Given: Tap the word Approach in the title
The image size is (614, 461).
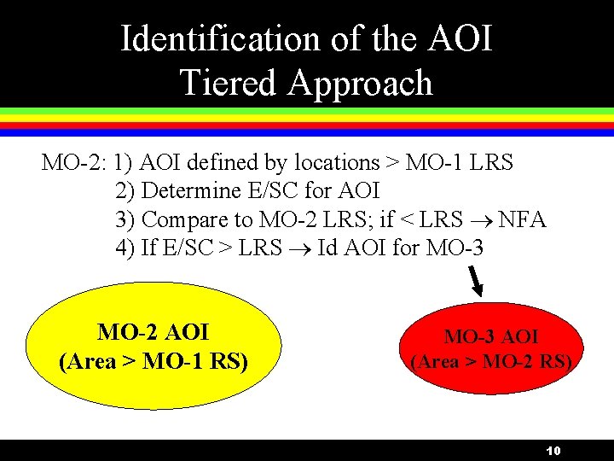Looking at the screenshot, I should coord(360,83).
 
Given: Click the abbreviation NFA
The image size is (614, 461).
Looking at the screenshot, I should coord(522,220).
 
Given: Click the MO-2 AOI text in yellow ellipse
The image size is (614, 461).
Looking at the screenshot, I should coord(153,332).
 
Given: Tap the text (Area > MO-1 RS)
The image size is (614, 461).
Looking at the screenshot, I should coord(153,361).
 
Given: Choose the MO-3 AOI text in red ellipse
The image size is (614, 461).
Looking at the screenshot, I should coord(491,338).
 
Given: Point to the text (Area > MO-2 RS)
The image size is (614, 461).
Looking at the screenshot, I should coord(491,361).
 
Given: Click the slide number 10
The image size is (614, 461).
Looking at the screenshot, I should coord(553,451).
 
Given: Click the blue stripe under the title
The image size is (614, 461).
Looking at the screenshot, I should coord(307,133).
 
